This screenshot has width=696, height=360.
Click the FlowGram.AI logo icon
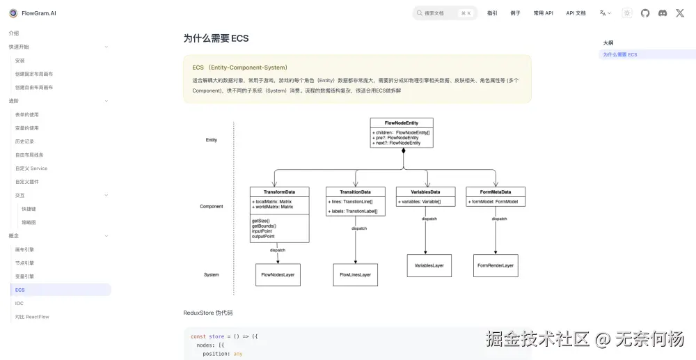[13, 13]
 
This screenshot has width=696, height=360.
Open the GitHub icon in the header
[645, 13]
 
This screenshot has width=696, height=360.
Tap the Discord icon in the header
[663, 13]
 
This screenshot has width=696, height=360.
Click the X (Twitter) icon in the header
[680, 13]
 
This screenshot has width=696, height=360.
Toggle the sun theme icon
[627, 13]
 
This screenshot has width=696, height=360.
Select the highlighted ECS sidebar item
[20, 290]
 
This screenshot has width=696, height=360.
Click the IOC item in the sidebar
[19, 303]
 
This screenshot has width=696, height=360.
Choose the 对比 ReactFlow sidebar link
[32, 317]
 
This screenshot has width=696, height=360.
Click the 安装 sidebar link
[20, 61]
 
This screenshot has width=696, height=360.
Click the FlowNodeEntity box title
[402, 123]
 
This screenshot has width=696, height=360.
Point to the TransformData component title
[279, 191]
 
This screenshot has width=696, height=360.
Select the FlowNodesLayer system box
[278, 275]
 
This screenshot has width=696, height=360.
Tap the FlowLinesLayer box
[355, 275]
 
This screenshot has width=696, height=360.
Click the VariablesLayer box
[429, 265]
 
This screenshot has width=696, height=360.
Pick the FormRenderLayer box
[496, 265]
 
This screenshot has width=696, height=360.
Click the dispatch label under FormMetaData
[499, 219]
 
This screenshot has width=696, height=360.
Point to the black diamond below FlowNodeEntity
[403, 150]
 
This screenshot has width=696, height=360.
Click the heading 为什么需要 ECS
[216, 38]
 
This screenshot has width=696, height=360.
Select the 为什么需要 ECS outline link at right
[620, 54]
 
